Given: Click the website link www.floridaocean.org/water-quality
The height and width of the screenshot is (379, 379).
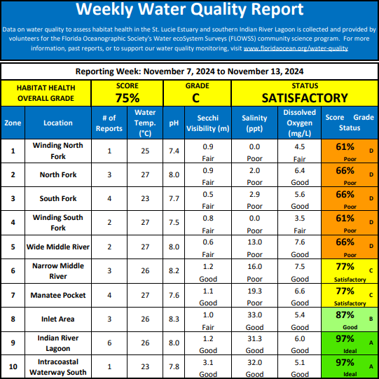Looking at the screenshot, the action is point(296,48).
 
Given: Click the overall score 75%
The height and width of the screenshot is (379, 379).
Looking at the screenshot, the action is point(128,98).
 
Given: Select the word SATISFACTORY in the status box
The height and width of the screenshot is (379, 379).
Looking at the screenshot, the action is point(305,98).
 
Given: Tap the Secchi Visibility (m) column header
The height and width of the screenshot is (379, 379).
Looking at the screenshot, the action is point(208,123).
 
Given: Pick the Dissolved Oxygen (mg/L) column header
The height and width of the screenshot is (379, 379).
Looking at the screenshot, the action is point(299,123).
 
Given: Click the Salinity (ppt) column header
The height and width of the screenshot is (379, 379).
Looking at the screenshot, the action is point(254,123).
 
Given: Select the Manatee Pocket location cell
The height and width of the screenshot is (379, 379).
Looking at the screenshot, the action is point(58,295).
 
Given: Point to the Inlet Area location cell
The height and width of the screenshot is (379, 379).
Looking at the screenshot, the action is point(58,319).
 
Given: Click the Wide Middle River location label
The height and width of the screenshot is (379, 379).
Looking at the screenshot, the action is point(58,247).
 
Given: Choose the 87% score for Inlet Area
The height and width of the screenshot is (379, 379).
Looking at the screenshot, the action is point(345,315).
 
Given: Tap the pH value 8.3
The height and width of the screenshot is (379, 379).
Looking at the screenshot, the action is point(174,319).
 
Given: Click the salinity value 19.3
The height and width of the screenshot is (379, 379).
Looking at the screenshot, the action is point(254,291).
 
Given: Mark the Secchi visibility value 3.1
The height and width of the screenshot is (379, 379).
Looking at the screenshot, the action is point(208,363).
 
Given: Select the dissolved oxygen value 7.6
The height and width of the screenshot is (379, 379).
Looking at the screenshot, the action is point(299,242).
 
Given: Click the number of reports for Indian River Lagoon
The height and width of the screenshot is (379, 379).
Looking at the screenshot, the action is point(109,343).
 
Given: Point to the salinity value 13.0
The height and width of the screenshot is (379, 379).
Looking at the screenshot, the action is point(254,242).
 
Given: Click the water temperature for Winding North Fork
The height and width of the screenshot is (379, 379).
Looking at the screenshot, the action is point(145,151).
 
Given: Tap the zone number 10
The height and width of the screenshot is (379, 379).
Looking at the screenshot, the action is point(13,367).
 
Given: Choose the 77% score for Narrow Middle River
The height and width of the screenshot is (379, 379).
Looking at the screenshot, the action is point(345,267).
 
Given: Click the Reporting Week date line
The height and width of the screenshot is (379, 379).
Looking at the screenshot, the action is point(189,71).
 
